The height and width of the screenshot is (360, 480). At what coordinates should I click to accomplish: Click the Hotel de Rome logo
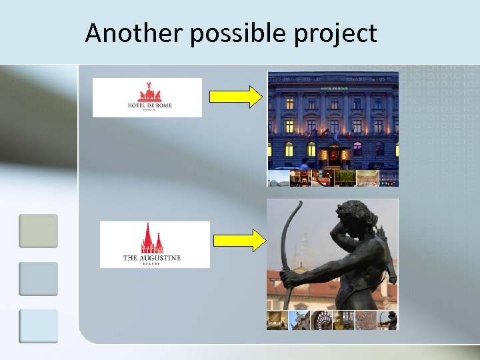coord(147,97)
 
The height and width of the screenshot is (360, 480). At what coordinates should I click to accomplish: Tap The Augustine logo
coord(154,244)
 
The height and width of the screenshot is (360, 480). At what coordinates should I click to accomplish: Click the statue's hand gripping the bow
coord(287,279)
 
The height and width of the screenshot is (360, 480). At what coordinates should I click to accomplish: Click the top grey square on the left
coord(38,231)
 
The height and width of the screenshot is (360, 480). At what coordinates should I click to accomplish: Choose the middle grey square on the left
coord(38,278)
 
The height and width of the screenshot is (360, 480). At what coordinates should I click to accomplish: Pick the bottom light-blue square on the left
coord(38,325)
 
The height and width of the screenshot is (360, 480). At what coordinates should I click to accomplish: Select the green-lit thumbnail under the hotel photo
coord(345,178)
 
